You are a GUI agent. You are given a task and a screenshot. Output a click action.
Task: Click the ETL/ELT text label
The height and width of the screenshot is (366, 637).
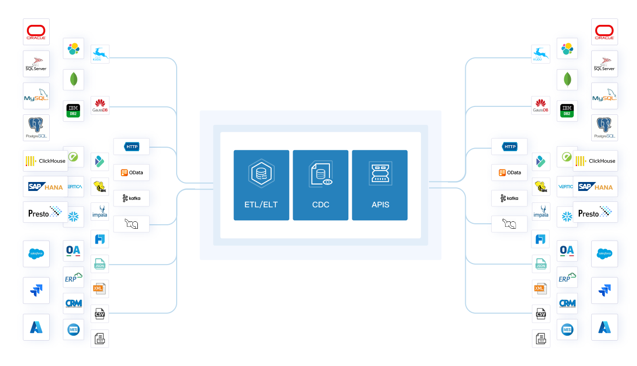coord(261,204)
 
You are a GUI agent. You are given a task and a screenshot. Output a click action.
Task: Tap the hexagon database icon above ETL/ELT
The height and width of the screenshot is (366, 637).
coord(261,174)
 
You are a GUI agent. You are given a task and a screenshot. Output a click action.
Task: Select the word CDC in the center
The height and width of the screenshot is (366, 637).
coord(320,204)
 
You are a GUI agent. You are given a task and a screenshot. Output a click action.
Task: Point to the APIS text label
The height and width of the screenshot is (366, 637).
coord(380,204)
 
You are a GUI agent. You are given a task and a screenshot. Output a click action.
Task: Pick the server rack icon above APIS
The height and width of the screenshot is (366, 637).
coord(380,174)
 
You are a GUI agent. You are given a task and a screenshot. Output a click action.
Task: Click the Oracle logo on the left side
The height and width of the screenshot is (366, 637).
coord(36,32)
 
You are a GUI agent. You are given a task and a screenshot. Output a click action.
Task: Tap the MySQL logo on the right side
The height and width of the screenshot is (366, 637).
coord(604,95)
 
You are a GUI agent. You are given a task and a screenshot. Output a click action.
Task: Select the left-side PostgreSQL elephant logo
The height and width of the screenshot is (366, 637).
coord(36,128)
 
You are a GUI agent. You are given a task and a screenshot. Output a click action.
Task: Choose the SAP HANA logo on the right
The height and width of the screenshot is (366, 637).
coord(595,186)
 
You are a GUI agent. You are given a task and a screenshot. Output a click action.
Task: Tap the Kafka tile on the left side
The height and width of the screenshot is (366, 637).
coord(131,198)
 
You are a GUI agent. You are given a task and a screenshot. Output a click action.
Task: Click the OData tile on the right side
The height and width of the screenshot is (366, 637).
coord(509,173)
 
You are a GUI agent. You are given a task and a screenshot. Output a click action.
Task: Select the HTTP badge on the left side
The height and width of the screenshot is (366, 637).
coord(131,147)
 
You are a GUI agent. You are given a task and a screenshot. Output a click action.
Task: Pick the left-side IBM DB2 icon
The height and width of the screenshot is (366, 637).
coord(74,111)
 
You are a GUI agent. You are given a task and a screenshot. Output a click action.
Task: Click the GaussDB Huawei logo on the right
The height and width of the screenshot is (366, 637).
coord(541,105)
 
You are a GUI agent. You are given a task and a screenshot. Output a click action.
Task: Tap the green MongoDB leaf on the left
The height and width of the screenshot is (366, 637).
coord(74,80)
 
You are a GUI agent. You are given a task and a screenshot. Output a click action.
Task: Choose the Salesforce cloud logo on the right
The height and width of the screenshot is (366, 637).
coord(604,254)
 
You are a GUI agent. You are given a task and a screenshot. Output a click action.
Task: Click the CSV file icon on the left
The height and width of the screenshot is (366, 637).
coord(100,314)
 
